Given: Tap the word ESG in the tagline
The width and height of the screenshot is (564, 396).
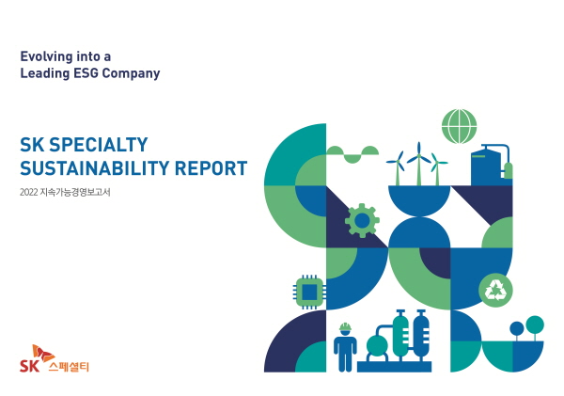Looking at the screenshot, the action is [86, 73].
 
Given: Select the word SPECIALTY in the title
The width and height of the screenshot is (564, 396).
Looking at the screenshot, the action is [98, 145].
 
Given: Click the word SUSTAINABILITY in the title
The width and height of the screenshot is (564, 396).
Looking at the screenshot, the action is [94, 168].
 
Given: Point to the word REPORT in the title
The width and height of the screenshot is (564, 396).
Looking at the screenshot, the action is [211, 168].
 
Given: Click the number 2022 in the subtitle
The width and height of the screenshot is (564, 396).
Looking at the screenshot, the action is [29, 192].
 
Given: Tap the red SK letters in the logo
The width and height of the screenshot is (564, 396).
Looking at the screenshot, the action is [29, 366].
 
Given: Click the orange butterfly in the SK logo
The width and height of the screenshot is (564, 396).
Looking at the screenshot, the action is [43, 353].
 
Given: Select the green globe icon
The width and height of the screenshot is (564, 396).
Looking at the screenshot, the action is [460, 126].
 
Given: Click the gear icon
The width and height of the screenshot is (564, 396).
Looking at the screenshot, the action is [362, 220].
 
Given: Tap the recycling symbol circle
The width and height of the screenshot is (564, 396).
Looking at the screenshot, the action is [495, 290].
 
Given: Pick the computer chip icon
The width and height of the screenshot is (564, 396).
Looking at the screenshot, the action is [309, 292].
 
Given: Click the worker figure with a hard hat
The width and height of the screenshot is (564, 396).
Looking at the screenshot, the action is [345, 347].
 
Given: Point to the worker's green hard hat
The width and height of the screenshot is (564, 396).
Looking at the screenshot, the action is [345, 327].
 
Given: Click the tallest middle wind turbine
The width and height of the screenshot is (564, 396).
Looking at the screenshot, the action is [418, 164].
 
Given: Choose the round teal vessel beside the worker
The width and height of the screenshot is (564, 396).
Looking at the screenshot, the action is [377, 346].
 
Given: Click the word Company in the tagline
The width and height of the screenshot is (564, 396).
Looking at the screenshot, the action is [131, 73].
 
